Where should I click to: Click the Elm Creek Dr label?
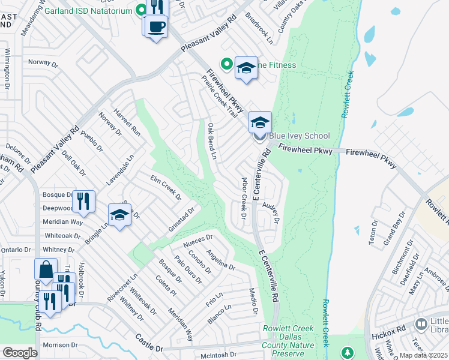(x=166, y=186)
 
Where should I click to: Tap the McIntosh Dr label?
(x=219, y=356)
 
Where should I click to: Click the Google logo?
(x=20, y=353)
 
